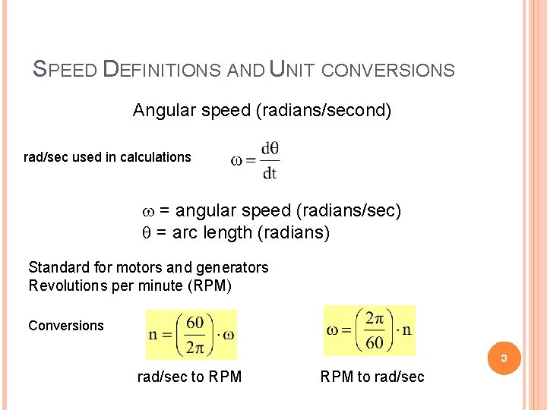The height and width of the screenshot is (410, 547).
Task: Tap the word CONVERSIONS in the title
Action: pos(388,71)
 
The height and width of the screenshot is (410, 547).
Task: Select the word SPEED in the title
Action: pos(65,70)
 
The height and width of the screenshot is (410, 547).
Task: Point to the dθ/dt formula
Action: pos(255,160)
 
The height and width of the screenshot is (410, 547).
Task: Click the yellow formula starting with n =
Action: pos(191,334)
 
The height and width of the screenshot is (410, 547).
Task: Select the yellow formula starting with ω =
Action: pos(369,330)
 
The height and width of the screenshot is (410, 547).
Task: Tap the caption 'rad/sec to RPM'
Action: pos(189,377)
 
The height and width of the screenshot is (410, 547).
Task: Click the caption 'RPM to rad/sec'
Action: pos(372,377)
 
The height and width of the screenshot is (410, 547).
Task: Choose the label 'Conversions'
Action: pos(66,326)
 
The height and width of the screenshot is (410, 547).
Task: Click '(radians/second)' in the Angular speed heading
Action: pos(324,111)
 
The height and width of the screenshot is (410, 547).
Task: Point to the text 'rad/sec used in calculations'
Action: pos(108,157)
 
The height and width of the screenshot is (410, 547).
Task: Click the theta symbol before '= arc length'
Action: pos(148,233)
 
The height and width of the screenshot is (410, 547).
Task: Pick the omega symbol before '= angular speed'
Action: pos(149,210)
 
